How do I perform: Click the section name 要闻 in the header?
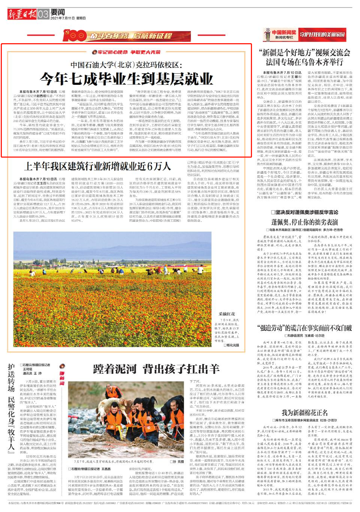tap(57, 12)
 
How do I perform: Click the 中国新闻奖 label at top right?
tap(284, 33)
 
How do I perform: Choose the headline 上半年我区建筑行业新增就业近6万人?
tap(97, 166)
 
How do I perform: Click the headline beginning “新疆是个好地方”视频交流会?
tap(304, 57)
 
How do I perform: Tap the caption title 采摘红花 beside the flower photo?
tap(227, 314)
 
